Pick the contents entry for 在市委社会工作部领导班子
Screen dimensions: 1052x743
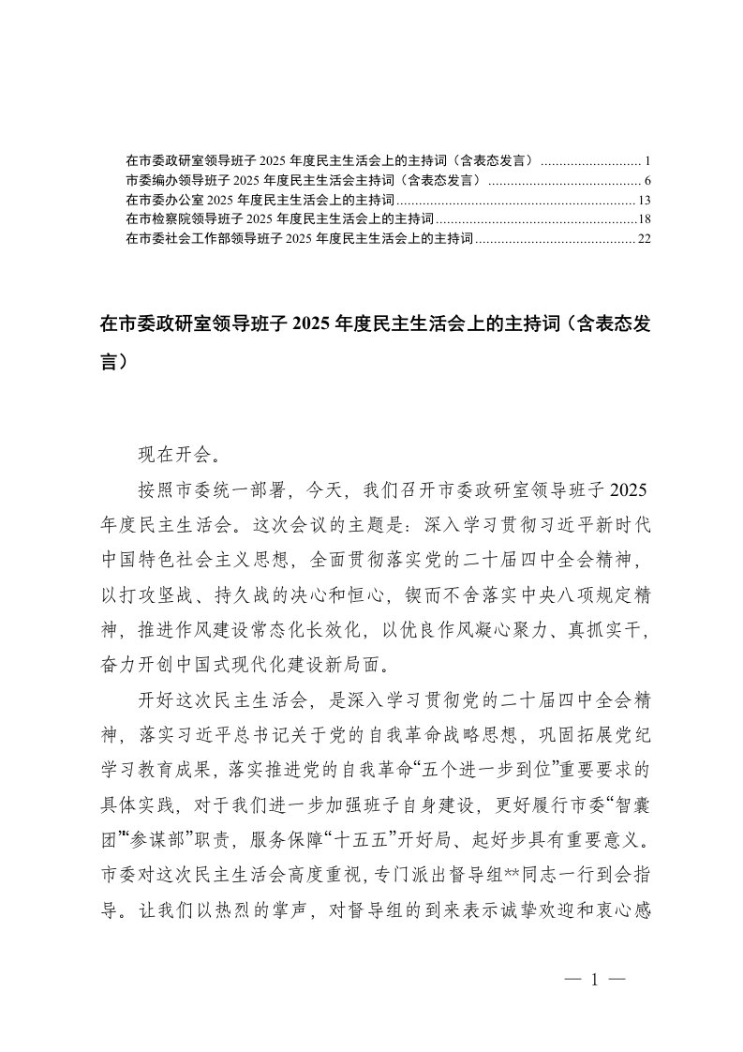tap(299, 239)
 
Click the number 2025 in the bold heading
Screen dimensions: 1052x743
tap(315, 324)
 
